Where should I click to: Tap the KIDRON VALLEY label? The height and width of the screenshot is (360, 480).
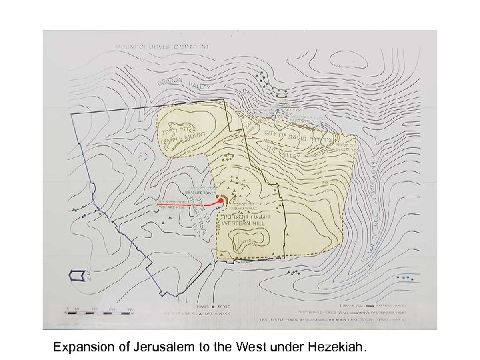(187, 83)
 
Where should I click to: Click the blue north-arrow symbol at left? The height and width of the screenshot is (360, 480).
(79, 274)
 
